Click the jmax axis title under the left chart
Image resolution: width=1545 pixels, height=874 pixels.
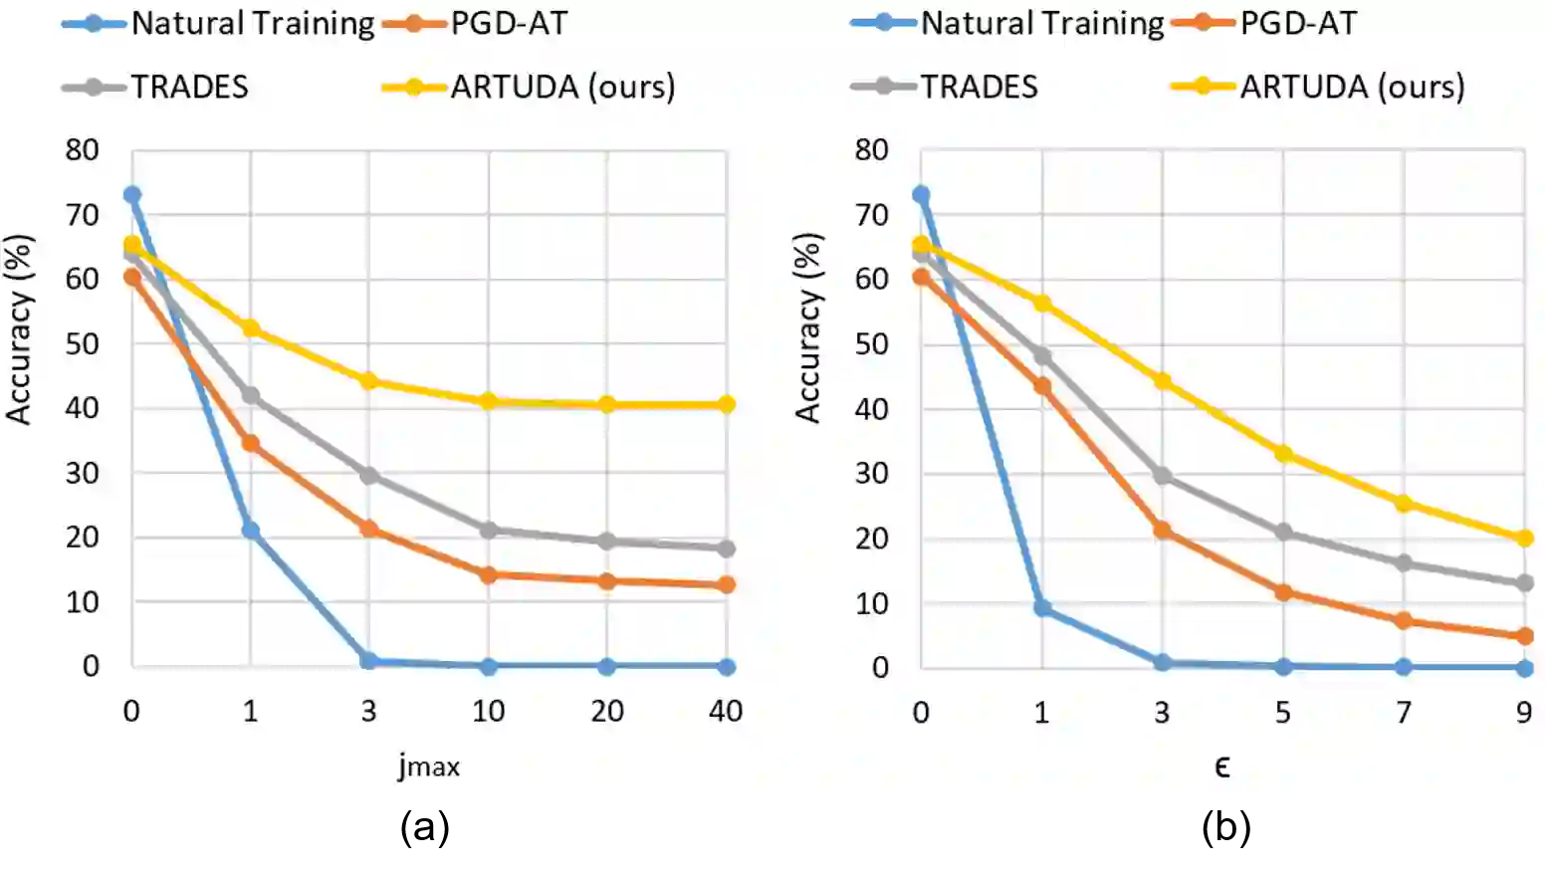click(429, 766)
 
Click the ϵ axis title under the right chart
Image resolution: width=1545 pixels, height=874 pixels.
click(1221, 766)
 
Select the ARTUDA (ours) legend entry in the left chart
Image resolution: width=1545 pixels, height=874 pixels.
click(562, 87)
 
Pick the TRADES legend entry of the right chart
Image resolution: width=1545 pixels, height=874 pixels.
click(979, 87)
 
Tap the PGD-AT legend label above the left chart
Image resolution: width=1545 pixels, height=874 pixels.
click(509, 23)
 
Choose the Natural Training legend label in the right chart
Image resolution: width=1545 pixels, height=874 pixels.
click(1041, 23)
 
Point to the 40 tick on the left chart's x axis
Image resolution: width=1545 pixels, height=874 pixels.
click(726, 711)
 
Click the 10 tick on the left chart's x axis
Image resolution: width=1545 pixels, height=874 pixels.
click(488, 711)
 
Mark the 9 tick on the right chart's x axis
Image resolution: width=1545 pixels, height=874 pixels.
click(1524, 712)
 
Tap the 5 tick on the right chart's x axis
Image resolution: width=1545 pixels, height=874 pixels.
click(1282, 712)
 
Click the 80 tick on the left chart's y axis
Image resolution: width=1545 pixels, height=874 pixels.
click(82, 150)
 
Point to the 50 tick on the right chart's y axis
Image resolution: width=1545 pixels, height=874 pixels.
click(871, 344)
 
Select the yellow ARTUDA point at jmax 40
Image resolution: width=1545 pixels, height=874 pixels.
click(726, 404)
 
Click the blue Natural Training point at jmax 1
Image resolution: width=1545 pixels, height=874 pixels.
click(250, 531)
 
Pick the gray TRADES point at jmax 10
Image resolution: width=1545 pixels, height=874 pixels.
click(488, 530)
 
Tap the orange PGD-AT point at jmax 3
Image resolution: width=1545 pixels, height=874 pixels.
click(368, 529)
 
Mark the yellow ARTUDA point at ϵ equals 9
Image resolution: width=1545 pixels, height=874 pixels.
click(1524, 538)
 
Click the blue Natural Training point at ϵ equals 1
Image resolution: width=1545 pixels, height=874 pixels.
click(1042, 607)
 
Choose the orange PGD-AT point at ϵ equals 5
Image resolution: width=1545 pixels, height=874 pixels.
click(1283, 592)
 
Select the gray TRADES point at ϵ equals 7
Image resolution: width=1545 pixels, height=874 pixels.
click(1404, 563)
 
